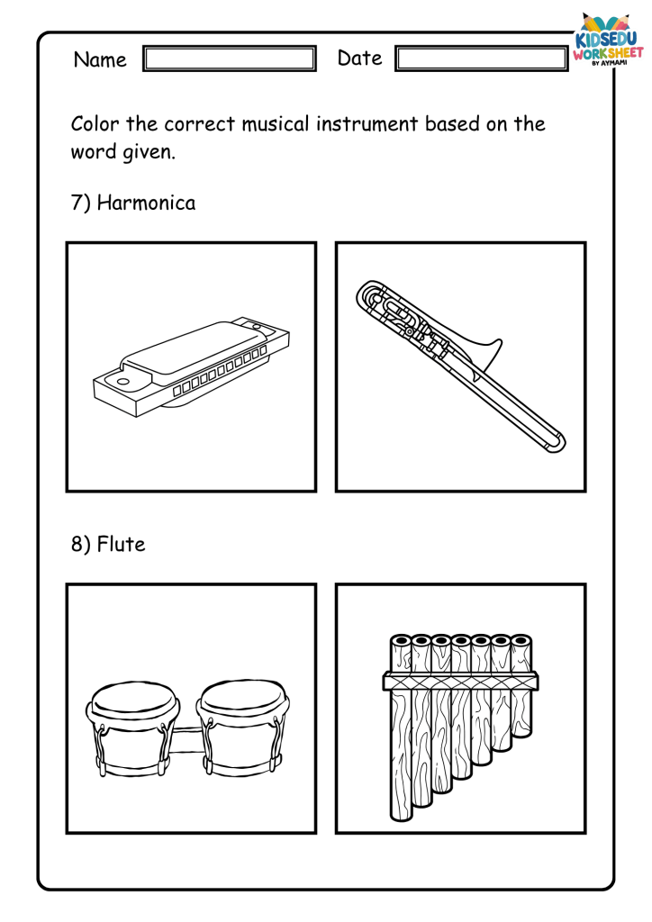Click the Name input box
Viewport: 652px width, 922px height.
(x=230, y=59)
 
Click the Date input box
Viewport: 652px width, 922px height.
(x=482, y=59)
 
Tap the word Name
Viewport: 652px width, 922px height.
(x=100, y=59)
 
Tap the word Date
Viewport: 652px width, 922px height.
(x=360, y=59)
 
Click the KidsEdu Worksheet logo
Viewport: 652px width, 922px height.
(x=608, y=40)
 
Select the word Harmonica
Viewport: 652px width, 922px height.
(x=147, y=203)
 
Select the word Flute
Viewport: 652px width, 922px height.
(x=121, y=544)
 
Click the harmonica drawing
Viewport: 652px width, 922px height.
(x=191, y=368)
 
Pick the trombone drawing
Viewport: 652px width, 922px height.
(x=460, y=366)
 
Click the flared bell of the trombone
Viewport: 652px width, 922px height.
(x=484, y=355)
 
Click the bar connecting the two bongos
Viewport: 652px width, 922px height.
(x=187, y=741)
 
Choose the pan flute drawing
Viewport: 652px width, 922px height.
(x=460, y=727)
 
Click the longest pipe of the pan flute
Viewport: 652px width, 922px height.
(x=402, y=728)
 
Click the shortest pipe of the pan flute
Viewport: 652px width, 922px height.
(x=521, y=685)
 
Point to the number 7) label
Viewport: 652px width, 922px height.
(x=80, y=203)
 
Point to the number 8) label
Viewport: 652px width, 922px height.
(x=80, y=545)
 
